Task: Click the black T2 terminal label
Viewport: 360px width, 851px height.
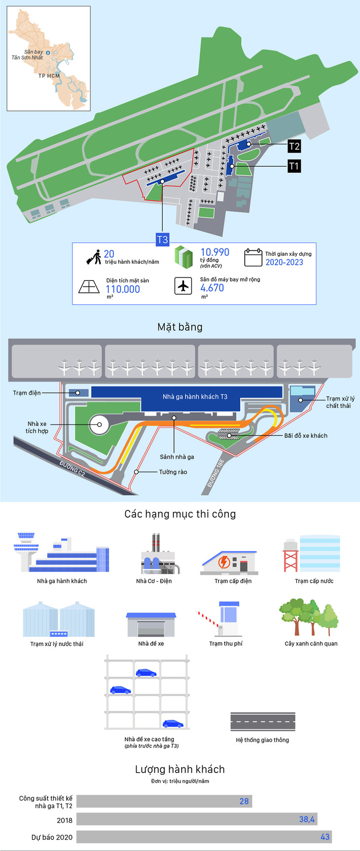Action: coord(294,146)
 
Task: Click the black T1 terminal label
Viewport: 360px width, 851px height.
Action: coord(294,166)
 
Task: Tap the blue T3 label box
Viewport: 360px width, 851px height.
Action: coord(162,240)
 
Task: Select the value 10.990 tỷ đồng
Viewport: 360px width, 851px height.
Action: coord(215,252)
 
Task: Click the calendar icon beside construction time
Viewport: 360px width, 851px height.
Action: coord(253,257)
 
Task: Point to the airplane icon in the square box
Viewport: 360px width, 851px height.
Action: coord(183,285)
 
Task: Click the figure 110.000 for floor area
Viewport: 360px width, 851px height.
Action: coord(123,289)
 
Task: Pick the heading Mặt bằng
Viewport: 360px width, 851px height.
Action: coord(180,327)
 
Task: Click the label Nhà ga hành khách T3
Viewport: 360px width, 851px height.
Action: coord(195,396)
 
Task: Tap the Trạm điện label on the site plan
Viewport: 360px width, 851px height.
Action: coord(27,393)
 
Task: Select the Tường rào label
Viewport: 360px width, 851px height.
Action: coord(173,472)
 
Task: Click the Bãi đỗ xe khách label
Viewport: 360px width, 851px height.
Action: coord(305,436)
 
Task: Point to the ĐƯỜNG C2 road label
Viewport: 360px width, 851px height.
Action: coord(72,469)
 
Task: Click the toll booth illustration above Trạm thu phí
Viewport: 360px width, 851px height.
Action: coord(222,619)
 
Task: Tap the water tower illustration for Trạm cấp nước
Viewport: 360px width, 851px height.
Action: coord(291,555)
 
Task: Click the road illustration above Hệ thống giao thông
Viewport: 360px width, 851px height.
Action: coord(262,721)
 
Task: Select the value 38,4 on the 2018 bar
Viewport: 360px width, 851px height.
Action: coord(307,819)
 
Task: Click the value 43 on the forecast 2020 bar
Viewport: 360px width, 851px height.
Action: coord(324,837)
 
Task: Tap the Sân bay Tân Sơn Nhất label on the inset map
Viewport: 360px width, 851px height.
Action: coord(27,55)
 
